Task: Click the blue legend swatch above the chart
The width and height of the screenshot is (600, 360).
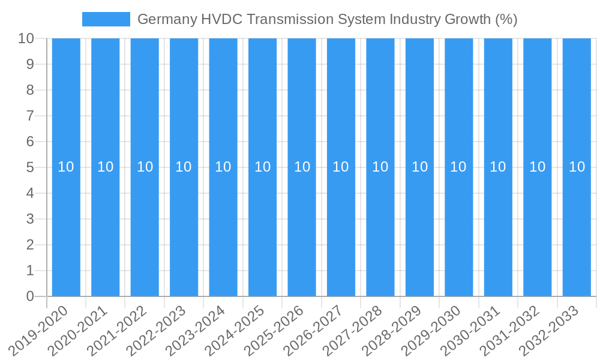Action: (106, 19)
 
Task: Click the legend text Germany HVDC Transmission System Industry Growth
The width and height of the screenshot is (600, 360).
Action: (327, 19)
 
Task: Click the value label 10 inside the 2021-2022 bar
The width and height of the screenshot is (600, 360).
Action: (145, 167)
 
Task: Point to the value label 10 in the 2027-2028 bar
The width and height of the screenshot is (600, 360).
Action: (380, 167)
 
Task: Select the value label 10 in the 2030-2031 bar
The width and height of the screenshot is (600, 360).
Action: (498, 167)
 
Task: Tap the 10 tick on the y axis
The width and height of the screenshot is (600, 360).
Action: (26, 38)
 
